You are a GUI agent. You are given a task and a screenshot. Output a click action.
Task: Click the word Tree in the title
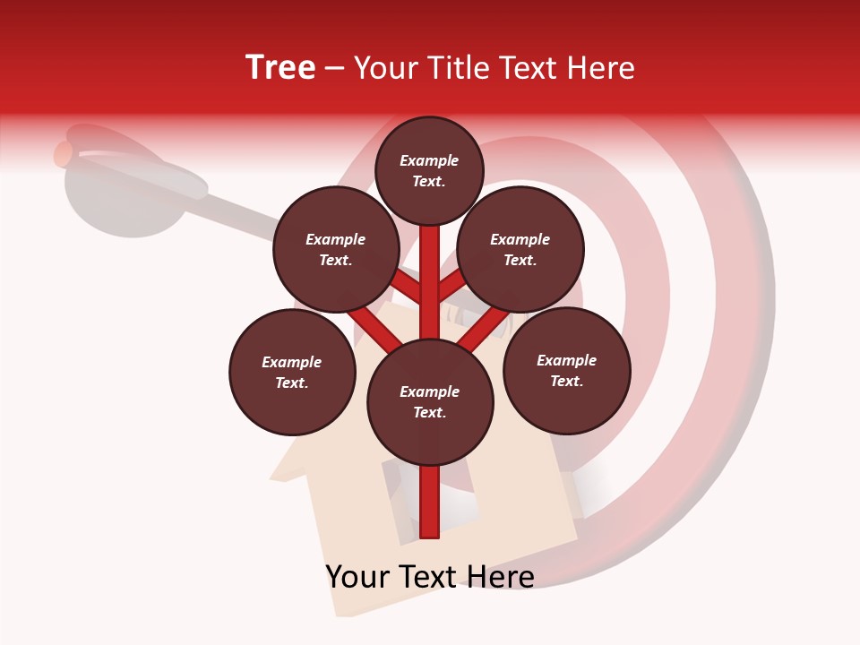(280, 68)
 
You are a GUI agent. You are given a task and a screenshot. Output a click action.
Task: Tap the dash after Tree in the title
(335, 69)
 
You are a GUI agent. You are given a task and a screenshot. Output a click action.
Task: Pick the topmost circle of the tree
(429, 170)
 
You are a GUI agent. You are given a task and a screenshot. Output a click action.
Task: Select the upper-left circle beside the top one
(336, 249)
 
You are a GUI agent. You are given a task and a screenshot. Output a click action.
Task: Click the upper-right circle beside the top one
(520, 249)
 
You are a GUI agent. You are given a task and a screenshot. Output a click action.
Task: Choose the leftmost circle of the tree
(292, 372)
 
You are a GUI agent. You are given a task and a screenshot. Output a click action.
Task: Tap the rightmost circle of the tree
(567, 370)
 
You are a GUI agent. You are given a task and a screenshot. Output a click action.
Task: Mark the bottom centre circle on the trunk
(430, 401)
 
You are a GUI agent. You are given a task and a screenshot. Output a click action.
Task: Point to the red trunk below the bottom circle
(430, 502)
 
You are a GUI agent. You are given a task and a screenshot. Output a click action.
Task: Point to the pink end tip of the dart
(62, 154)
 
